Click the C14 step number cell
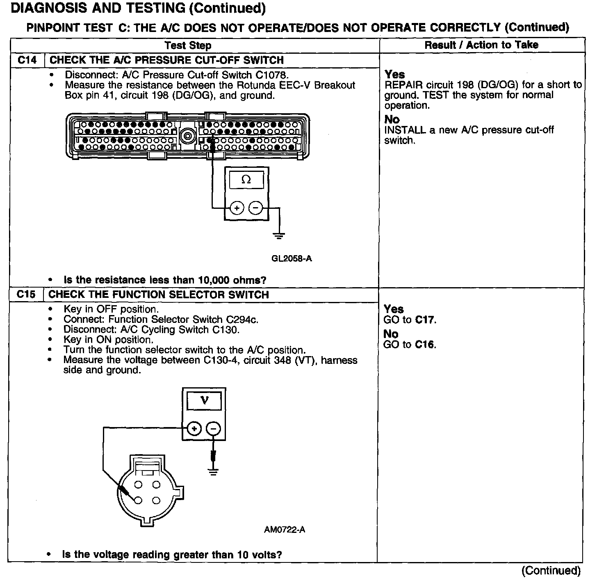[x=27, y=60]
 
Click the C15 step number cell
[x=27, y=295]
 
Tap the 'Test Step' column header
[x=188, y=46]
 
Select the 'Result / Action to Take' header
[x=481, y=45]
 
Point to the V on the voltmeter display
[x=204, y=400]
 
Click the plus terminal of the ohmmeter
[x=237, y=208]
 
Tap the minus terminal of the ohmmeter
[x=255, y=208]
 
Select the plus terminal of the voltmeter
[x=194, y=429]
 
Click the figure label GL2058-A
[x=292, y=258]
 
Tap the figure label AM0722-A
[x=285, y=530]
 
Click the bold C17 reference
[x=425, y=320]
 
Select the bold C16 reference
[x=425, y=345]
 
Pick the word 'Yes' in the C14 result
[x=395, y=75]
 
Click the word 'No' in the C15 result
[x=391, y=334]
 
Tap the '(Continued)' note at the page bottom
[x=551, y=571]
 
